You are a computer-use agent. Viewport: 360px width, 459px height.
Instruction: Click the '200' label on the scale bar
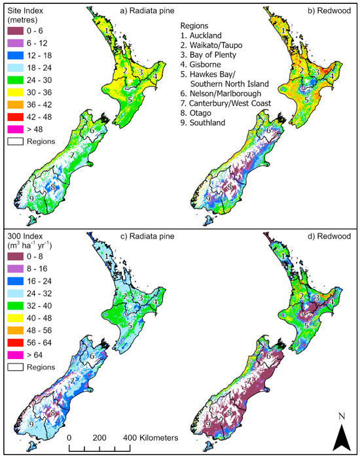(99, 437)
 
